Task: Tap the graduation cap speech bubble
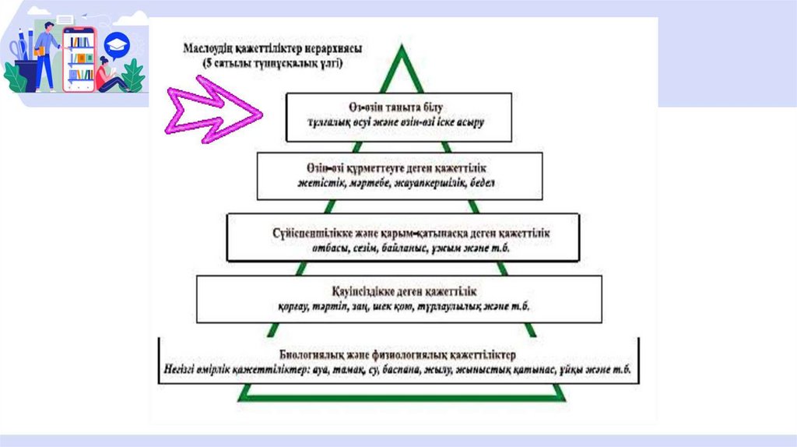(117, 44)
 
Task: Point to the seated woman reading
(107, 76)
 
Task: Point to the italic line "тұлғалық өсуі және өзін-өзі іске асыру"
(398, 122)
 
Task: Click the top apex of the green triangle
(402, 48)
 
